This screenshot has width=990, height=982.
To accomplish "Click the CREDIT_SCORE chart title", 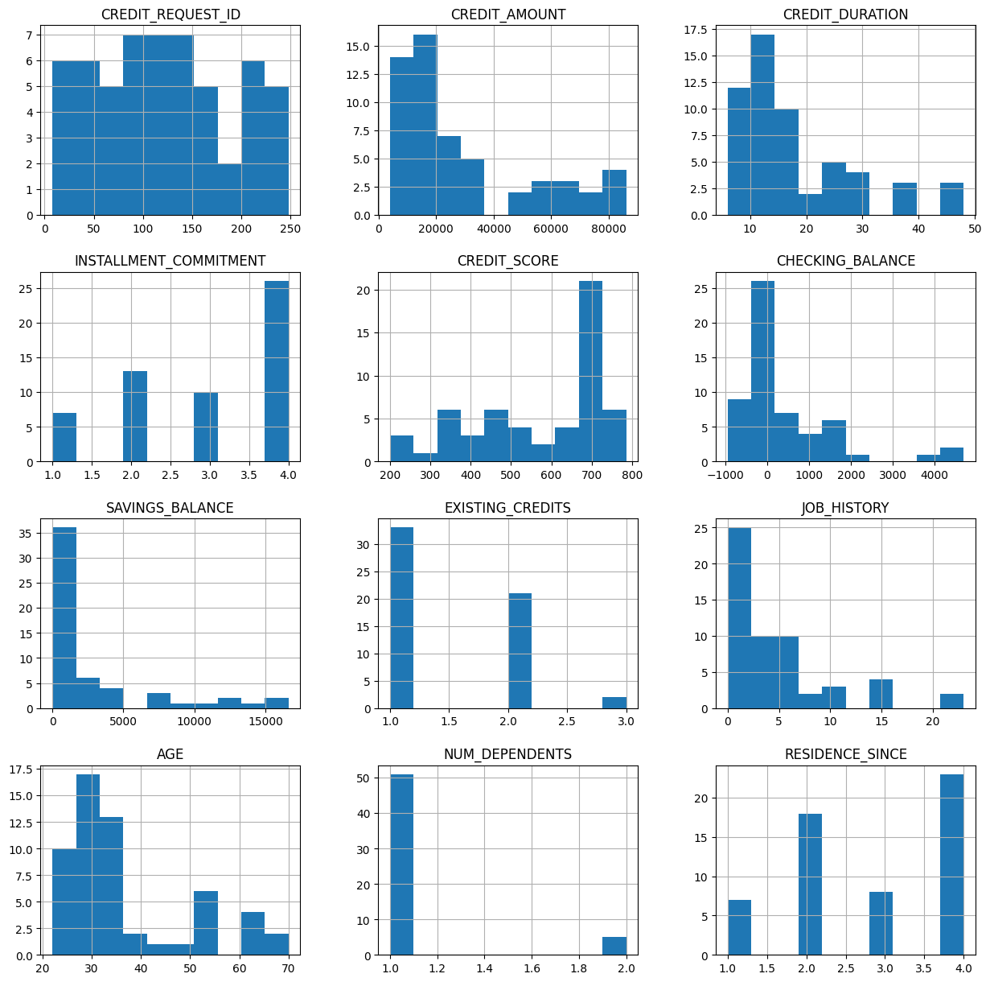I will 507,261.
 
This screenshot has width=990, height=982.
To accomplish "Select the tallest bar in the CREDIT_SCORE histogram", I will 590,371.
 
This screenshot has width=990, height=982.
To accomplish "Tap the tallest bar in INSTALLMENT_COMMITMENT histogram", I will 277,371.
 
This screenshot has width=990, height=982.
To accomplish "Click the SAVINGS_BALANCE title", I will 170,508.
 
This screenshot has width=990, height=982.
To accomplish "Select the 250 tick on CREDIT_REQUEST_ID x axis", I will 290,228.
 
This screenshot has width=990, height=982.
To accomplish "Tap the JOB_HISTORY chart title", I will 845,508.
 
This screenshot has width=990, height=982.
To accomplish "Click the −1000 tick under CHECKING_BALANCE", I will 725,475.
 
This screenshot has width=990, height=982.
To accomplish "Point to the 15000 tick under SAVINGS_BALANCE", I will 265,721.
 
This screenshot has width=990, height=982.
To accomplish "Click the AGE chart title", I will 170,754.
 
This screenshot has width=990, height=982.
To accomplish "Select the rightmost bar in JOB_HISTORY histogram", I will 951,701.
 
